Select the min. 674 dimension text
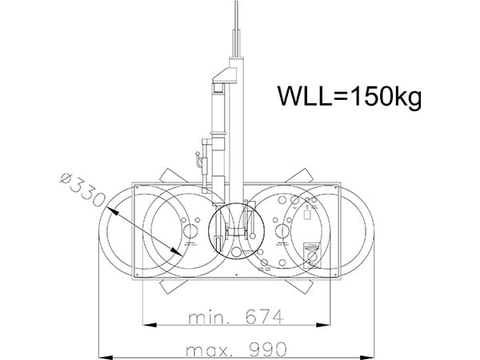[236, 317]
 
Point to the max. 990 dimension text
[235, 350]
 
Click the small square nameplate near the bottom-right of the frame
[314, 249]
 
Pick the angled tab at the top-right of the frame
[302, 176]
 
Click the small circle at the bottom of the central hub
[237, 251]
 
